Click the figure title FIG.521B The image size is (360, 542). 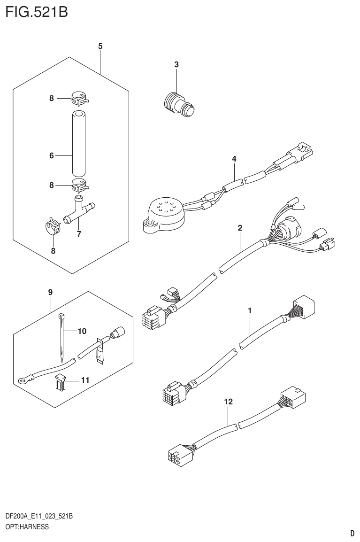[37, 11]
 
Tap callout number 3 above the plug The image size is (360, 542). [176, 65]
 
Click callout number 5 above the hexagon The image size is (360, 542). [100, 46]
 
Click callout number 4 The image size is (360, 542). [234, 159]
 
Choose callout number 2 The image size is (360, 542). [240, 228]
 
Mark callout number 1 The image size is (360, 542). [250, 310]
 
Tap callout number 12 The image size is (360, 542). [229, 402]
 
